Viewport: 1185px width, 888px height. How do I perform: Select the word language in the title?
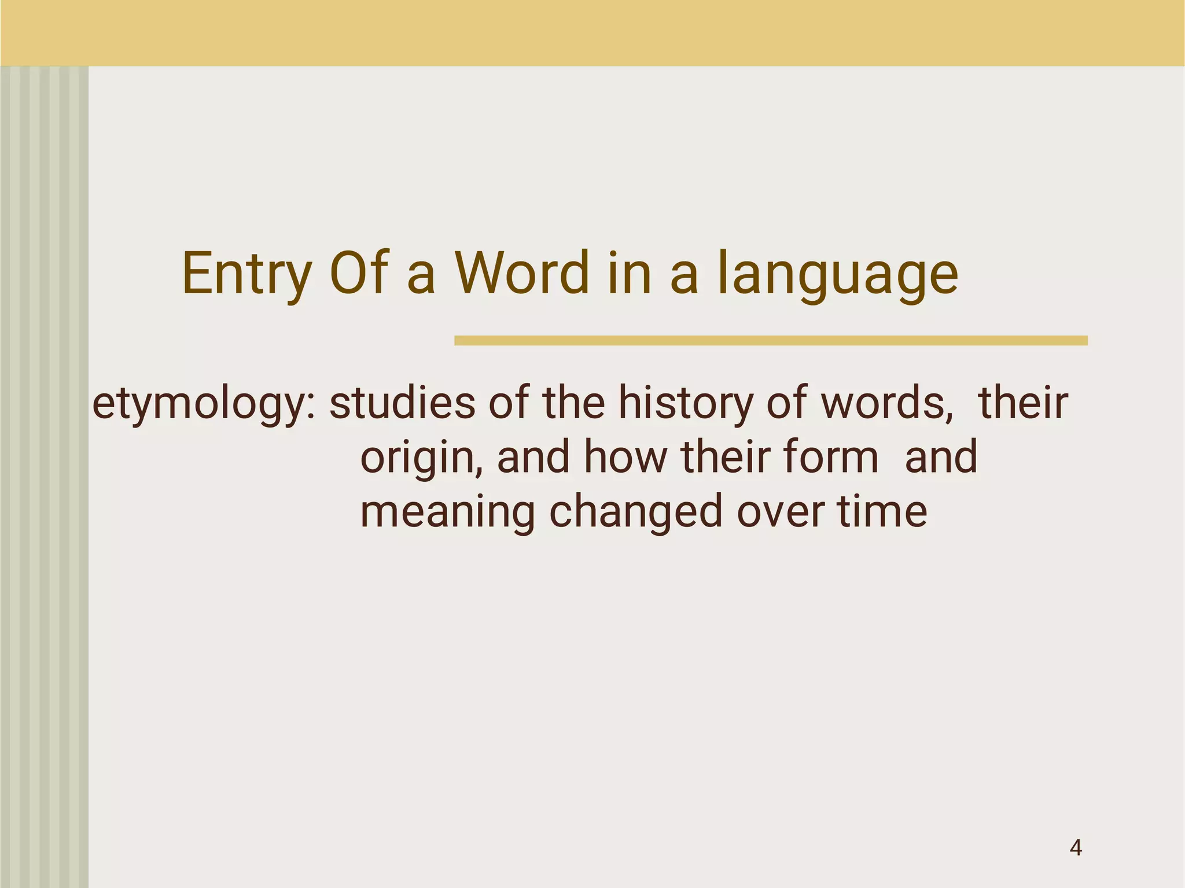[x=837, y=274]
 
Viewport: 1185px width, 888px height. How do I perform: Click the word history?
[x=685, y=403]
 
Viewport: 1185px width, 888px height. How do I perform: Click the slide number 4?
[x=1076, y=848]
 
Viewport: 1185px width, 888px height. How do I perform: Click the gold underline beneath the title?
[x=771, y=341]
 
